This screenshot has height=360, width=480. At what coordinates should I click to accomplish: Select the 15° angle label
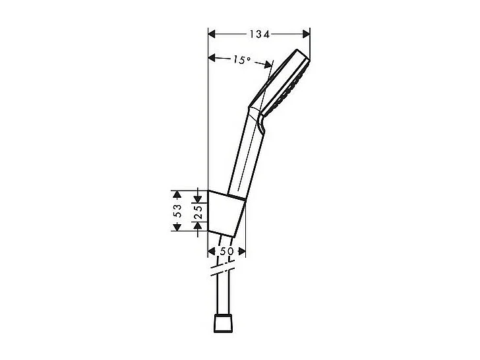click(x=242, y=60)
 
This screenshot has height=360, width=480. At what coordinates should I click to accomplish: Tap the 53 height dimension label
click(x=177, y=210)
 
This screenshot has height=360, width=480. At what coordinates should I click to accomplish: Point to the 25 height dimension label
click(x=198, y=211)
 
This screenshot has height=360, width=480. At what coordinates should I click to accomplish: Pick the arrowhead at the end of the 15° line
click(x=268, y=64)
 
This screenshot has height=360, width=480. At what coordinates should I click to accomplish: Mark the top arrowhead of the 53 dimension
click(x=177, y=194)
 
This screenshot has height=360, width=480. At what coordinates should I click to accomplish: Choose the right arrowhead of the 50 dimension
click(x=242, y=251)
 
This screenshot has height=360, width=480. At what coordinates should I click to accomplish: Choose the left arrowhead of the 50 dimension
click(x=212, y=251)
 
